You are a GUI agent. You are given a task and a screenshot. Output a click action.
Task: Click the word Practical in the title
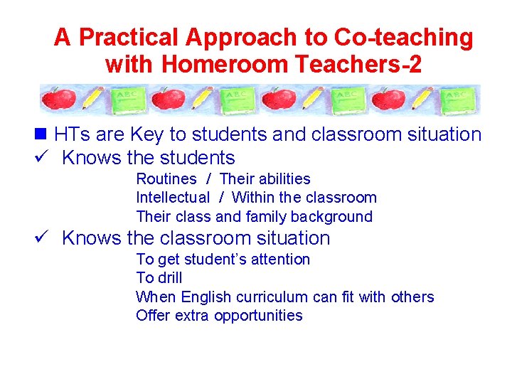[x=118, y=37]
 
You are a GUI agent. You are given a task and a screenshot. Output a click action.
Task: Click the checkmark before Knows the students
[x=46, y=157]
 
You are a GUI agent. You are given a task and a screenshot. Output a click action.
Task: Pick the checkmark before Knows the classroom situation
[x=46, y=238]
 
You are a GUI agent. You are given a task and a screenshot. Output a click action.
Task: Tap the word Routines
[x=166, y=178]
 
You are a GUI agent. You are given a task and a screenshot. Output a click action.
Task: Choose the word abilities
[x=283, y=178]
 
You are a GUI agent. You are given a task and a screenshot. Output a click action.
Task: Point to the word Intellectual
[x=173, y=198]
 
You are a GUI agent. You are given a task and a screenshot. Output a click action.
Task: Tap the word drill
[x=169, y=278]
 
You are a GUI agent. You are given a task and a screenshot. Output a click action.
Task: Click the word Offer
[x=153, y=316]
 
